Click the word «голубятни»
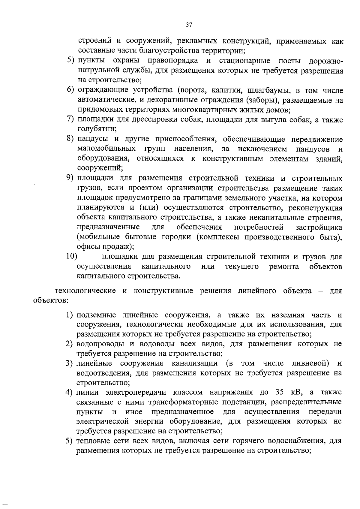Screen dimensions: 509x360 click(97, 129)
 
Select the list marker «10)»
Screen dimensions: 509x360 click(72, 257)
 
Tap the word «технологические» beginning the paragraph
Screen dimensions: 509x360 click(85, 291)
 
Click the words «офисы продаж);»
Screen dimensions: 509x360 click(105, 246)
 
